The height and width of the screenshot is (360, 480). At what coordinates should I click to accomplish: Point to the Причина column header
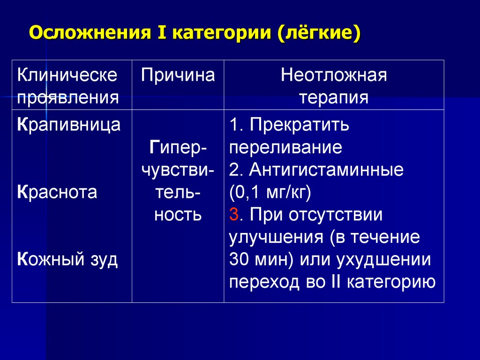coord(178,75)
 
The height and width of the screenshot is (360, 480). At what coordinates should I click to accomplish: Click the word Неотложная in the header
coord(334,75)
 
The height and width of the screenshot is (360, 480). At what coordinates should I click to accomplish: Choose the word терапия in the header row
coord(334,97)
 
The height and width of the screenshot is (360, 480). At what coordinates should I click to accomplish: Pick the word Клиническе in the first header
coord(67,75)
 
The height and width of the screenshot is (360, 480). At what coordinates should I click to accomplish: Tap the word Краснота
coord(58,192)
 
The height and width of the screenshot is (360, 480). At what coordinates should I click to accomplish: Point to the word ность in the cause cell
coord(178,215)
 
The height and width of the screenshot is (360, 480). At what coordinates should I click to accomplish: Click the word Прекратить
coord(299,125)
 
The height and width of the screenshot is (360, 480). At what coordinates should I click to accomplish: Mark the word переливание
coord(285,147)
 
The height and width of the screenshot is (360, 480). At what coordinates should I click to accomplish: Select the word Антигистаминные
coord(326,169)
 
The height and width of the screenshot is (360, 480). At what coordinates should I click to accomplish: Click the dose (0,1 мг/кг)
coord(270,192)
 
